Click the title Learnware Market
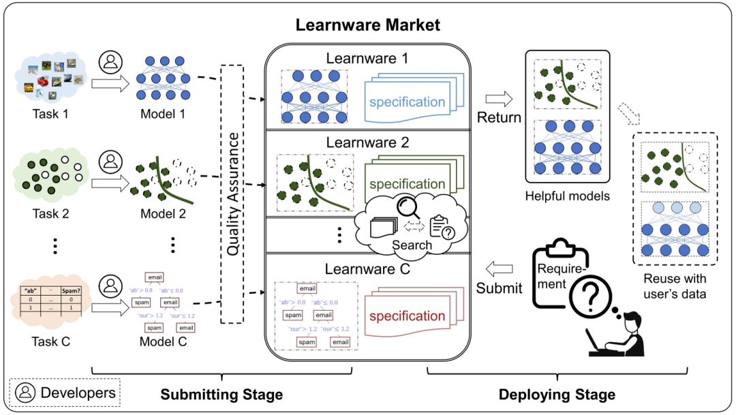click(367, 25)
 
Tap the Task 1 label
click(50, 113)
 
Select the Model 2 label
click(163, 213)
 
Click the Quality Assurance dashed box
click(232, 194)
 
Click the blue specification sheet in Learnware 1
click(407, 102)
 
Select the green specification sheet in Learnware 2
click(407, 183)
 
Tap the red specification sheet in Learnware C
click(407, 316)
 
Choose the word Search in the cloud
click(412, 245)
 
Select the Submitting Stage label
click(221, 395)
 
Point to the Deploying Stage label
click(557, 395)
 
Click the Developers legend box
click(65, 393)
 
